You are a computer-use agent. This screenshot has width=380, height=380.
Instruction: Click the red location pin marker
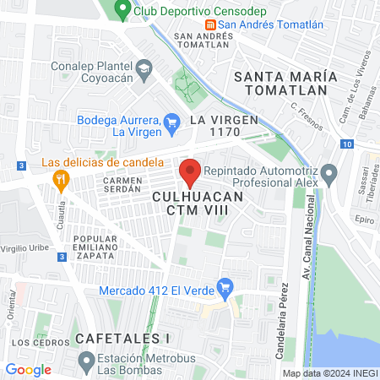[190, 173]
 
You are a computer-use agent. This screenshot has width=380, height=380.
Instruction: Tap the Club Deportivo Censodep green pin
[122, 11]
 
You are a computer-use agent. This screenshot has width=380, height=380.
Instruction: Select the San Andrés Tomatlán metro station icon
[211, 24]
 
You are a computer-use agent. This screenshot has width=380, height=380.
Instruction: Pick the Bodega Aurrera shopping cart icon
[172, 121]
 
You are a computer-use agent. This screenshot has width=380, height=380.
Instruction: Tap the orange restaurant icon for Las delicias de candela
[60, 179]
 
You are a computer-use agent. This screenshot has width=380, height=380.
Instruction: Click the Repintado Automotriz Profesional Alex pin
[330, 176]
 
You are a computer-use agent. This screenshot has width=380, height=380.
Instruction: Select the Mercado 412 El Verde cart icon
[225, 288]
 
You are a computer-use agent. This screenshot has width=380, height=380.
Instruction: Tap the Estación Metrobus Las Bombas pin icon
[85, 362]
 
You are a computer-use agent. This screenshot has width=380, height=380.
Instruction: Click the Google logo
[28, 369]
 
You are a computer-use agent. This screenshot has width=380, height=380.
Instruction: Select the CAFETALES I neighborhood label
[122, 338]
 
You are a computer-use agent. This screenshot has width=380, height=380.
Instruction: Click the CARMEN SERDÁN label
[124, 185]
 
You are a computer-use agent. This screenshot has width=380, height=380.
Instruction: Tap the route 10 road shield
[348, 144]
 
